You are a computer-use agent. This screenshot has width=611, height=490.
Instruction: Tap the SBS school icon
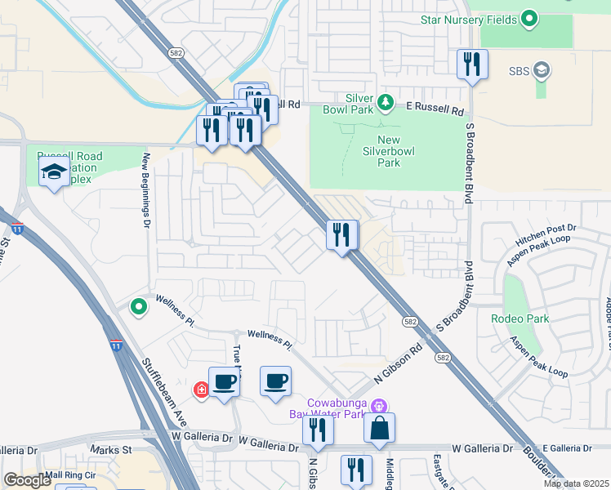point(540,71)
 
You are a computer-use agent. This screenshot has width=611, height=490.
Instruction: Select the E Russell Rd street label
point(435,108)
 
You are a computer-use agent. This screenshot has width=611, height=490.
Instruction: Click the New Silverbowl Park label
point(381,151)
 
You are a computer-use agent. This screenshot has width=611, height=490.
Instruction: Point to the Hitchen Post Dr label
point(546,235)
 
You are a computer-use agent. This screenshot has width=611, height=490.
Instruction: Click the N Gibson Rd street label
point(397,364)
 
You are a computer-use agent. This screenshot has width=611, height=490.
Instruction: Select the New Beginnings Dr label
point(147,190)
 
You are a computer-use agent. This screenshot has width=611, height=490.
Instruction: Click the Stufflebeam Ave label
point(165,391)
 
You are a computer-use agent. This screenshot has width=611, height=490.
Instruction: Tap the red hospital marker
point(201,390)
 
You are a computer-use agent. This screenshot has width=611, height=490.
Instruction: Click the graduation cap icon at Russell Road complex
point(54,171)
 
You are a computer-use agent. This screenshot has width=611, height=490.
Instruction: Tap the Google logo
point(27,480)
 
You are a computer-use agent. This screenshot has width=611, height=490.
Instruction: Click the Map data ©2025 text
point(575,483)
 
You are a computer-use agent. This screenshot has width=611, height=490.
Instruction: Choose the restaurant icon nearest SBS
point(472,65)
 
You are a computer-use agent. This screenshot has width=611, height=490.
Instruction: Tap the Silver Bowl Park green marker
point(389,104)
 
